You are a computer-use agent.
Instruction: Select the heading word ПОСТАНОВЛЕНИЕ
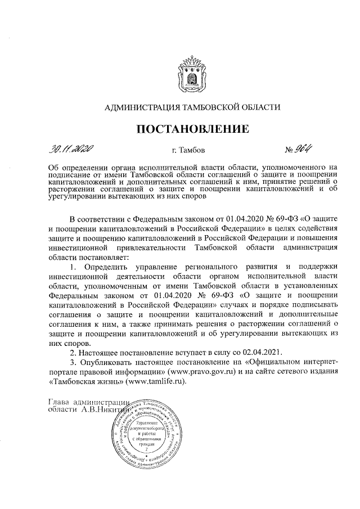point(193,129)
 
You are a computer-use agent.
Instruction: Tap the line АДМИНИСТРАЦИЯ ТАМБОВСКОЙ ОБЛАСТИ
point(193,106)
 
